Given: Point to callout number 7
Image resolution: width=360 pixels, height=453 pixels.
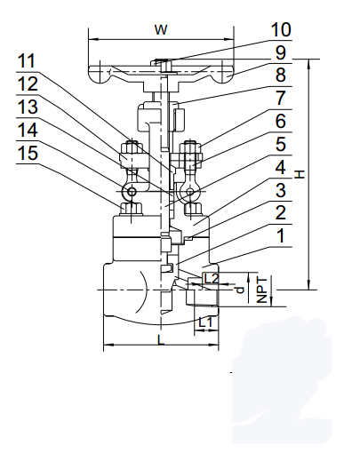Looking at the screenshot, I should (x=279, y=98).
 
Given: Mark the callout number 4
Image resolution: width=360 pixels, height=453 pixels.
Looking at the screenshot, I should (x=279, y=166).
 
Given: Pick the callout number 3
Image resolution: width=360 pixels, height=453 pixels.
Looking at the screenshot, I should (x=279, y=190).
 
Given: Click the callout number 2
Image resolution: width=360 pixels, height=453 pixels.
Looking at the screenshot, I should (x=279, y=213).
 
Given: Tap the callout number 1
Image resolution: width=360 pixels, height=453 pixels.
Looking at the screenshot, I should (x=279, y=237).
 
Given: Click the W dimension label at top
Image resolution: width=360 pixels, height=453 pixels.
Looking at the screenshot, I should (x=161, y=29).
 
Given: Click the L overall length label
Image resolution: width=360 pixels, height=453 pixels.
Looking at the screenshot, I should (x=159, y=339).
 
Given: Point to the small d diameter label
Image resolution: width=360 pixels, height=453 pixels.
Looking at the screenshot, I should (x=236, y=289).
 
